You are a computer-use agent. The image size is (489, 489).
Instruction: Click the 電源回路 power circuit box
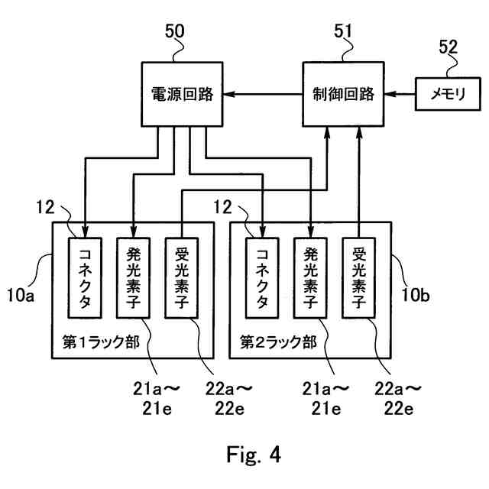tap(180, 95)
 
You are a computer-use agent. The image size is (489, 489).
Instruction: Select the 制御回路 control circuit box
tap(344, 95)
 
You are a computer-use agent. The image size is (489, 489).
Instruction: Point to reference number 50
tap(176, 32)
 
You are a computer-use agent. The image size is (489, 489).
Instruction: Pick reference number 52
tap(448, 46)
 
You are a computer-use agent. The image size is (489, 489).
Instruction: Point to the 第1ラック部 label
tap(100, 339)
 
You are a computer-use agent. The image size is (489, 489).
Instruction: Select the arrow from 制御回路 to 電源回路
tap(259, 95)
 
